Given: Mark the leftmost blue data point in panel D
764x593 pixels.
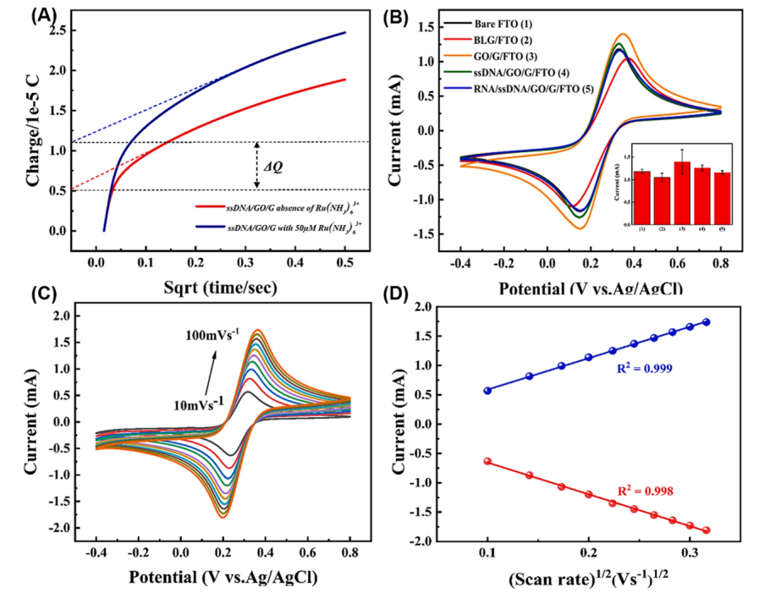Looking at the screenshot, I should pyautogui.click(x=487, y=390).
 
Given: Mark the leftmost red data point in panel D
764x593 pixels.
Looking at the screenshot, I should pyautogui.click(x=487, y=461).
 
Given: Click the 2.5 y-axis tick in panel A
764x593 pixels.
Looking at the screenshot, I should pyautogui.click(x=58, y=30).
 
